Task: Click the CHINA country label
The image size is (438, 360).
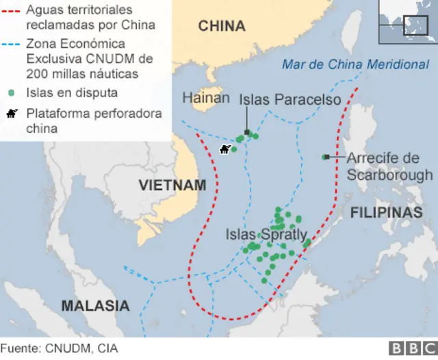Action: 221,27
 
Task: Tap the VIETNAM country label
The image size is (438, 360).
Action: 172,185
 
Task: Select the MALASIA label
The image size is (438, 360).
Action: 95,306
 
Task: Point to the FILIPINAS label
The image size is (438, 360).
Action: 387,213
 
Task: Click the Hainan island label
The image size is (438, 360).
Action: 205,99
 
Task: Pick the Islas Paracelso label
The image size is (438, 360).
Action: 289,100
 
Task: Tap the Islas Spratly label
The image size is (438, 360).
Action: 266,235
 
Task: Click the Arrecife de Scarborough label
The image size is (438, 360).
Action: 389,166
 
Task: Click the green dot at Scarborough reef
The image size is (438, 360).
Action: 325,157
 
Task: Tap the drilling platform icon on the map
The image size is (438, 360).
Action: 224,149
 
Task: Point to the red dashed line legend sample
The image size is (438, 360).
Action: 13,11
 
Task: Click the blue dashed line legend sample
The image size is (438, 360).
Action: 13,44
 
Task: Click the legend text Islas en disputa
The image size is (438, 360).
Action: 72,92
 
